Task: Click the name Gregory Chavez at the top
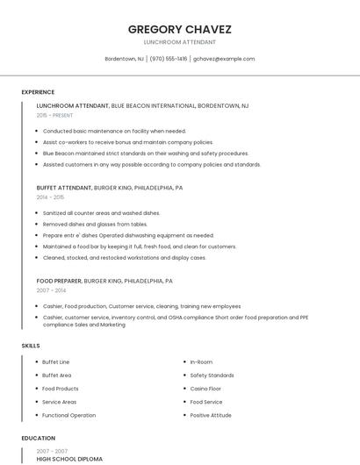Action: tap(179, 29)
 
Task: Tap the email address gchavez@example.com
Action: tap(224, 59)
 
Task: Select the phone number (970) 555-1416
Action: tap(169, 59)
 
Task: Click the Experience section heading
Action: tap(38, 92)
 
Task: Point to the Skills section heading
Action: tap(31, 346)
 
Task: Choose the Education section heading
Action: tap(39, 438)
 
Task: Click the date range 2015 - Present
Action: tap(54, 115)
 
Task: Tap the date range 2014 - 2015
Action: tap(50, 197)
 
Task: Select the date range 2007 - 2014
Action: tap(50, 290)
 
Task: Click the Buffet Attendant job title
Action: tap(63, 188)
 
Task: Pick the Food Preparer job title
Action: tap(59, 281)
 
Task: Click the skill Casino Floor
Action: tap(206, 389)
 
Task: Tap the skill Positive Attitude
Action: tap(210, 415)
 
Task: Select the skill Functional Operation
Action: tap(68, 415)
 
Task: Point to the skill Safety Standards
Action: tap(212, 376)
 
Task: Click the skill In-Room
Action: tap(201, 361)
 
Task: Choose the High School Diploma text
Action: tap(69, 459)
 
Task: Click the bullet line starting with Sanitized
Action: tap(101, 212)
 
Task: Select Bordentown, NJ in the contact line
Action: tap(124, 59)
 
